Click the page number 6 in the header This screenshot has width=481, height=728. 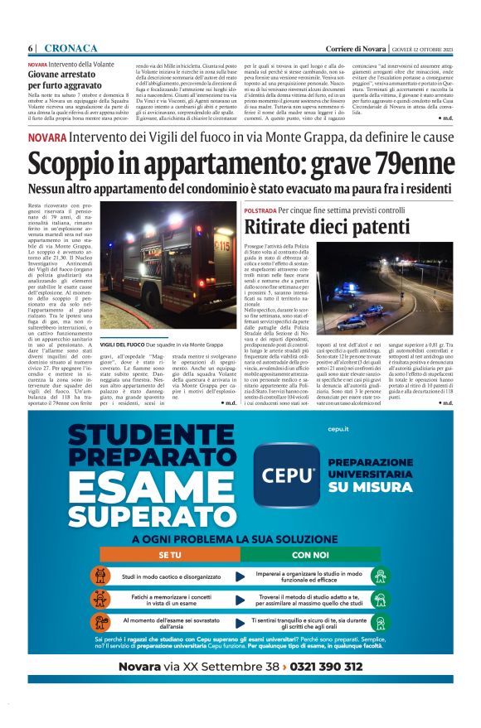point(31,49)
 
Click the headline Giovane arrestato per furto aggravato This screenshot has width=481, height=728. point(65,79)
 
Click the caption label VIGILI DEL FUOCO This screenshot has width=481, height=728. point(123,345)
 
